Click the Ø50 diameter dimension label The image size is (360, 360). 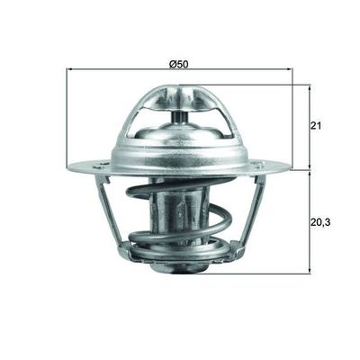(x=178, y=65)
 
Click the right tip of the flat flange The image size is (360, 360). (x=288, y=166)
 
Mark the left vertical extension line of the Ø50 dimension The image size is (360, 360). (x=68, y=117)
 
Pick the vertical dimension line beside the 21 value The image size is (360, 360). (x=309, y=126)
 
